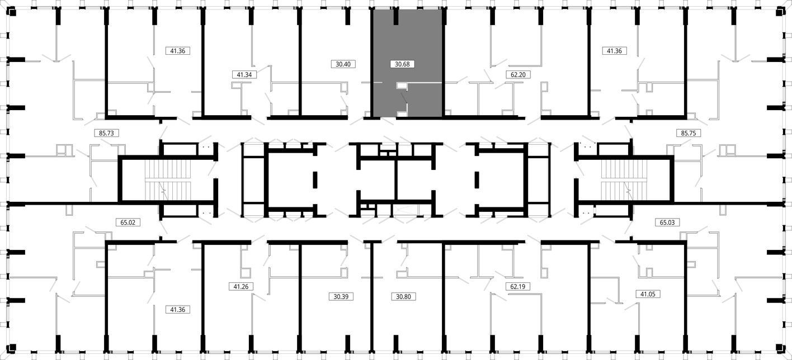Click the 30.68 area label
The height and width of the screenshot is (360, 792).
(x=402, y=64)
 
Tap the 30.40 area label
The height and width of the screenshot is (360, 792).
(x=343, y=64)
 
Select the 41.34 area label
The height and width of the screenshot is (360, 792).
(x=244, y=74)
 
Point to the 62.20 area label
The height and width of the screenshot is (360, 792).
(x=518, y=74)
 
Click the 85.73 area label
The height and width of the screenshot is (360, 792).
(x=106, y=133)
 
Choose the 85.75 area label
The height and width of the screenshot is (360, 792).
(x=689, y=133)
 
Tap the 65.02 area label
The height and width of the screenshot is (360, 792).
(x=128, y=222)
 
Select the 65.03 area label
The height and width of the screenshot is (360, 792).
(x=667, y=222)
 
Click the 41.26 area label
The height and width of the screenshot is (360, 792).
(x=241, y=287)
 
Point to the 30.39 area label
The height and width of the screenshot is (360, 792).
(x=341, y=296)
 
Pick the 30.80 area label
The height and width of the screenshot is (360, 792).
(x=403, y=296)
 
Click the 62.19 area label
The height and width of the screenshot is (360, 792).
(x=517, y=287)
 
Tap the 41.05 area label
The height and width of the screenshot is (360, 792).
(x=648, y=294)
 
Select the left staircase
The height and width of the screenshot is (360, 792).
(x=168, y=180)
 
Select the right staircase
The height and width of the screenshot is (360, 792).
(x=624, y=180)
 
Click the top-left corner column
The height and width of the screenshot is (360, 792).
(x=12, y=12)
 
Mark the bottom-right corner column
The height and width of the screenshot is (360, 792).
(x=780, y=348)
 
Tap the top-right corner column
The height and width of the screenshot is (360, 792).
(x=780, y=12)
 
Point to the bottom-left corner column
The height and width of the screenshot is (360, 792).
(x=12, y=348)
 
